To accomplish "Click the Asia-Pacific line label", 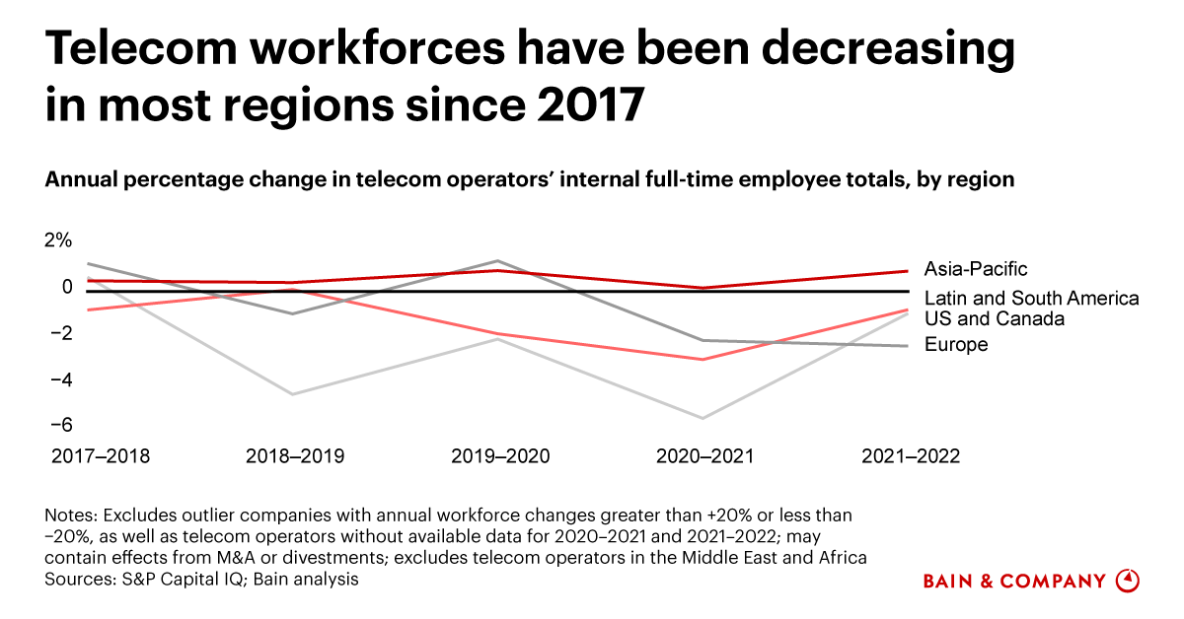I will pos(976,268).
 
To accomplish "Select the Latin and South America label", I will pos(1031,298).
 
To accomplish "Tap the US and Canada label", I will pos(995,319).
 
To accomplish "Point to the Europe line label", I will pos(956,344).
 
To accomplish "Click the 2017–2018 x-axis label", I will pos(100,456).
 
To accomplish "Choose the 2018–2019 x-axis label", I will pos(294,456).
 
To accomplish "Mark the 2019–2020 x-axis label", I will pos(500,456).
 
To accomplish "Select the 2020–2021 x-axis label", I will pos(704,456).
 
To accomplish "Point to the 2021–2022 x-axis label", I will pos(910,456).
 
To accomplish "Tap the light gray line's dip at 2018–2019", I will pos(292,394).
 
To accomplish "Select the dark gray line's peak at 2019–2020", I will pos(498,261).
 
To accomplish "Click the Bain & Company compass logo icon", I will pos(1128,581).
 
